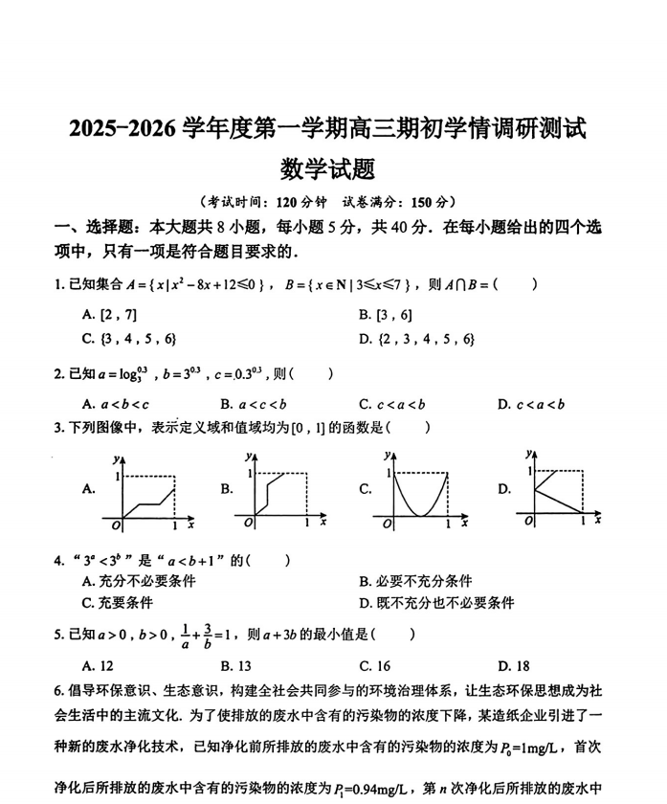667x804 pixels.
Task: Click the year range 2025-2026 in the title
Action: (x=122, y=128)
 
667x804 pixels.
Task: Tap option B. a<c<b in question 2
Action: (x=253, y=404)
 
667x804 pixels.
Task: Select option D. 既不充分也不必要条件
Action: (x=436, y=603)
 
